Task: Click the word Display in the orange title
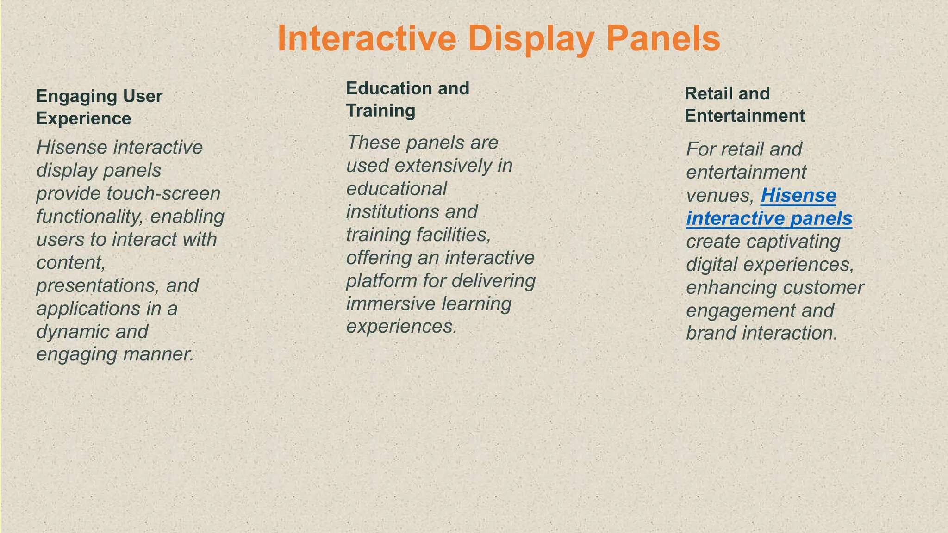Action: coord(532,39)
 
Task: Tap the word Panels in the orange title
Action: coord(663,39)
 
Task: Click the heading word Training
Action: coord(380,111)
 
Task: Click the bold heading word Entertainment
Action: coord(744,116)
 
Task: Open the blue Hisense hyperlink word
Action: coord(798,195)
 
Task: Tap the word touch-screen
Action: coord(163,193)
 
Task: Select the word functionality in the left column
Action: coord(90,216)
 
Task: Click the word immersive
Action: coord(390,304)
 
